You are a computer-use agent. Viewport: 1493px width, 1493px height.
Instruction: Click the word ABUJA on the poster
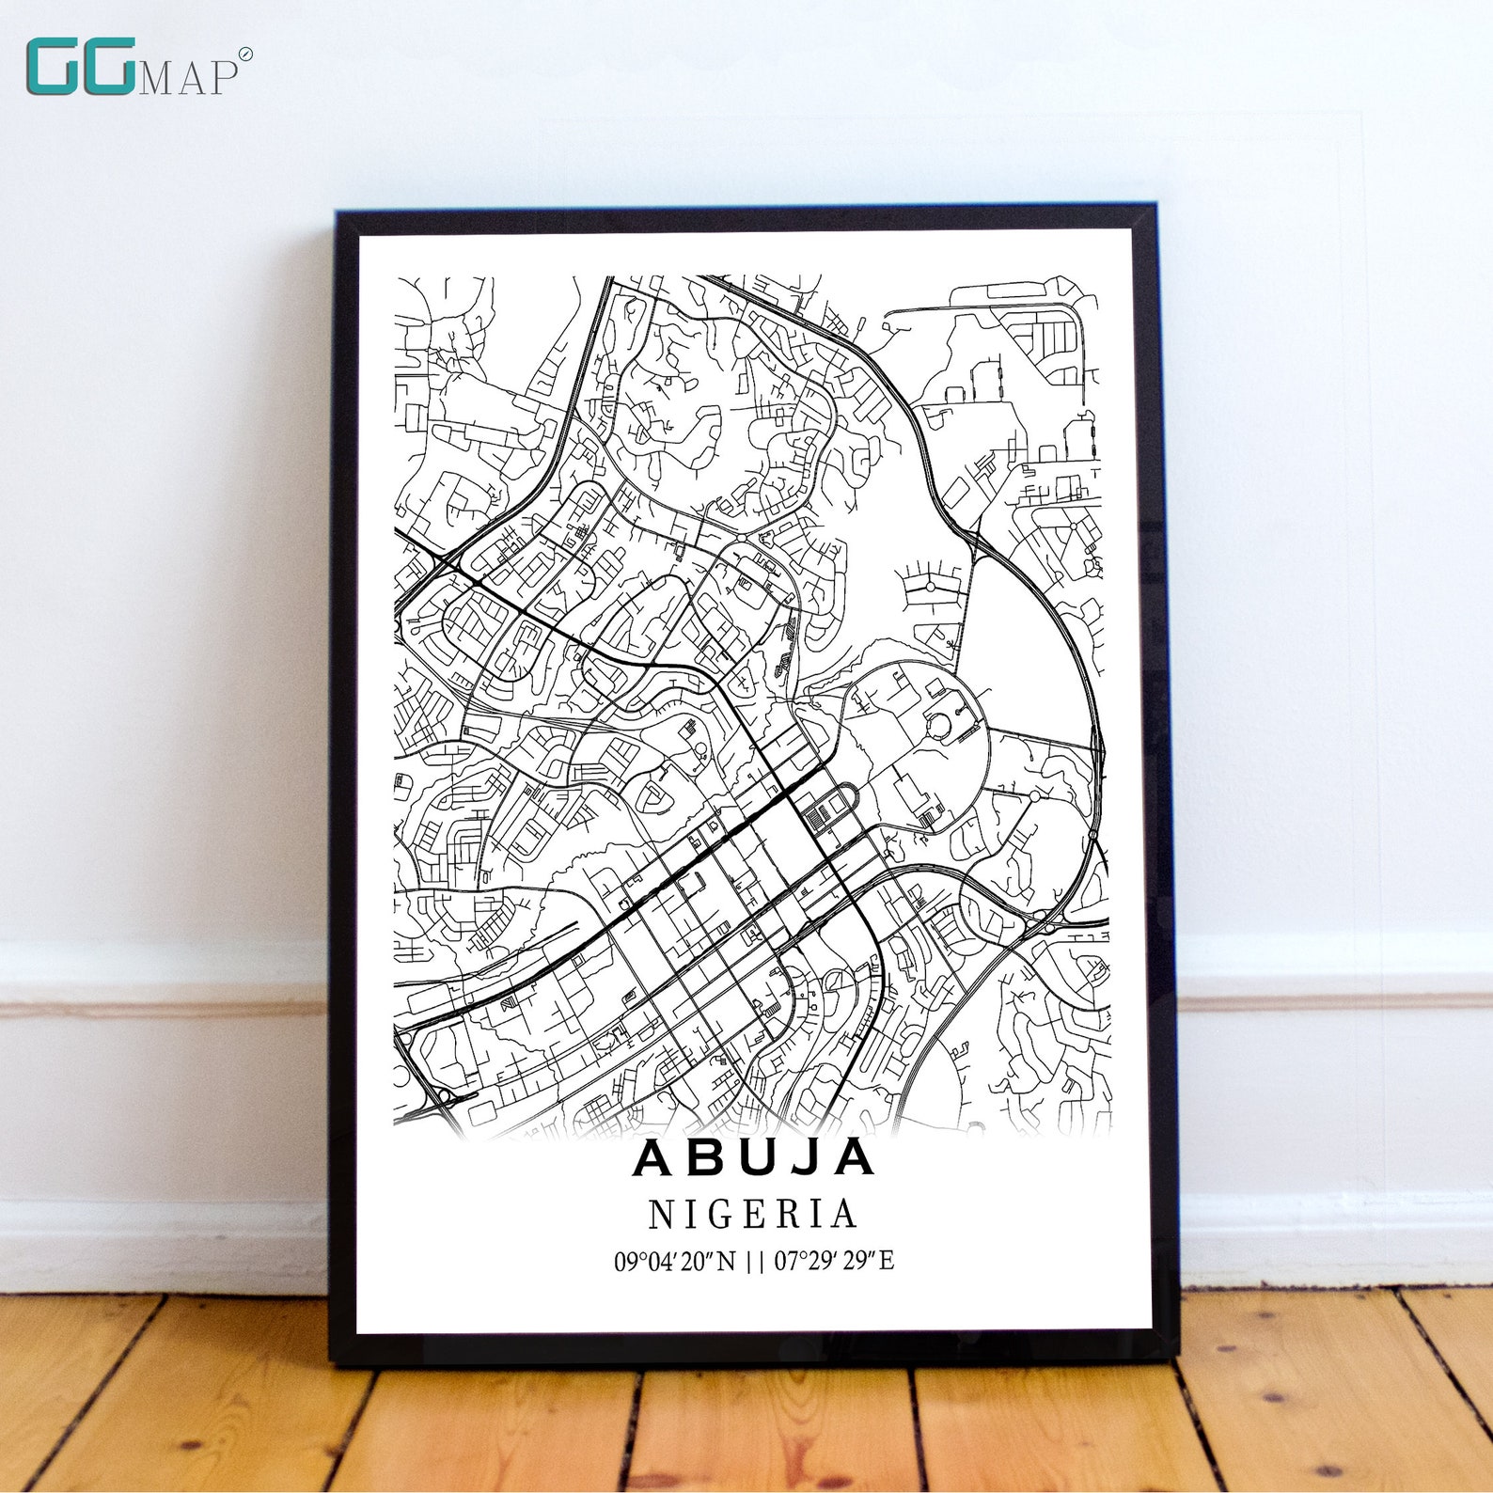tap(754, 1157)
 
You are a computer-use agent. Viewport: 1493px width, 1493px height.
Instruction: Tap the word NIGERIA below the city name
tap(753, 1215)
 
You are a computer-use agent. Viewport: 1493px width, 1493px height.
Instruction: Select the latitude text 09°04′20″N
tap(675, 1261)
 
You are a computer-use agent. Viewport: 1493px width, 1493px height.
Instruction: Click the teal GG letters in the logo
tap(80, 67)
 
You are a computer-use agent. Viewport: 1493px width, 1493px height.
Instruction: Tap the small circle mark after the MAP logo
tap(245, 55)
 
